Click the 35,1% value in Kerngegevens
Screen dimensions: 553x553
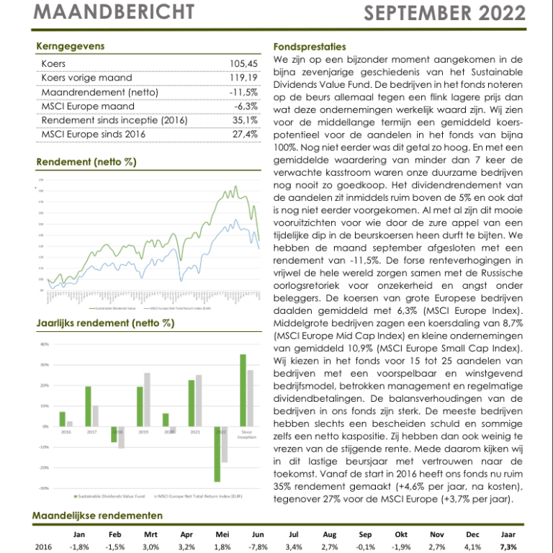[245, 120]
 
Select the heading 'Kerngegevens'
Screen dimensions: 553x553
[71, 47]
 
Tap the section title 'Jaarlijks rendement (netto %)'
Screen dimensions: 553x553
[105, 323]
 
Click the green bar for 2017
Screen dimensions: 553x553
[88, 406]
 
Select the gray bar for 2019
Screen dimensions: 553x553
[148, 400]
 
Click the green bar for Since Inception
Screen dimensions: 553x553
[243, 390]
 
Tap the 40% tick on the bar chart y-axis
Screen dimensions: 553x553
[44, 344]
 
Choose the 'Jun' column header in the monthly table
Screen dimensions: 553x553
[258, 534]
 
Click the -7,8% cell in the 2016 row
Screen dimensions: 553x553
[258, 547]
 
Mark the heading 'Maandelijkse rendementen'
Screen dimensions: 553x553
[98, 516]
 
